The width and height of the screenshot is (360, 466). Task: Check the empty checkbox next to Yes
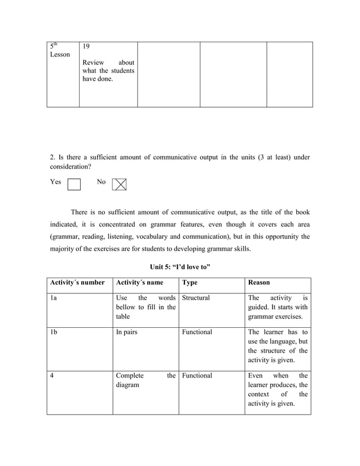point(74,184)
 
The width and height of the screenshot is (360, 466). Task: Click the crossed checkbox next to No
point(119,184)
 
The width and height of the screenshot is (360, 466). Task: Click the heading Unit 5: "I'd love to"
point(180,266)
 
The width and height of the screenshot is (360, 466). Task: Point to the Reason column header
point(260,282)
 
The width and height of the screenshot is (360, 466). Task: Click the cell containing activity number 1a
point(54,298)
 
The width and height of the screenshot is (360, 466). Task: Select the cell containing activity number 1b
point(54,332)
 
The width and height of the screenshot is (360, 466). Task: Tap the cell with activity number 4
point(52,376)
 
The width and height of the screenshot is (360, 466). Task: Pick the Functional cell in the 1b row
point(197,332)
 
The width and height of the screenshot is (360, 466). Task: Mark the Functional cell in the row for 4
point(197,376)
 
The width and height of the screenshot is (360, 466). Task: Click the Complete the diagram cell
point(145,380)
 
